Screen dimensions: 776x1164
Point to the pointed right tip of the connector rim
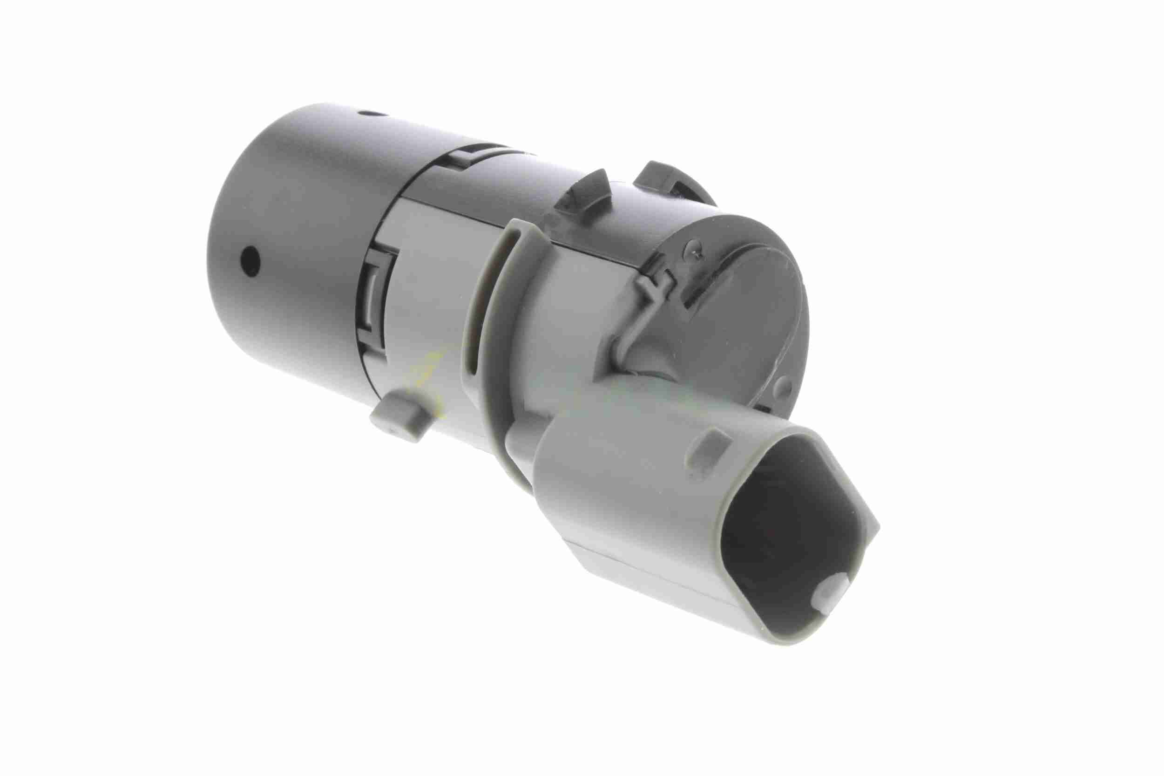pyautogui.click(x=876, y=524)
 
